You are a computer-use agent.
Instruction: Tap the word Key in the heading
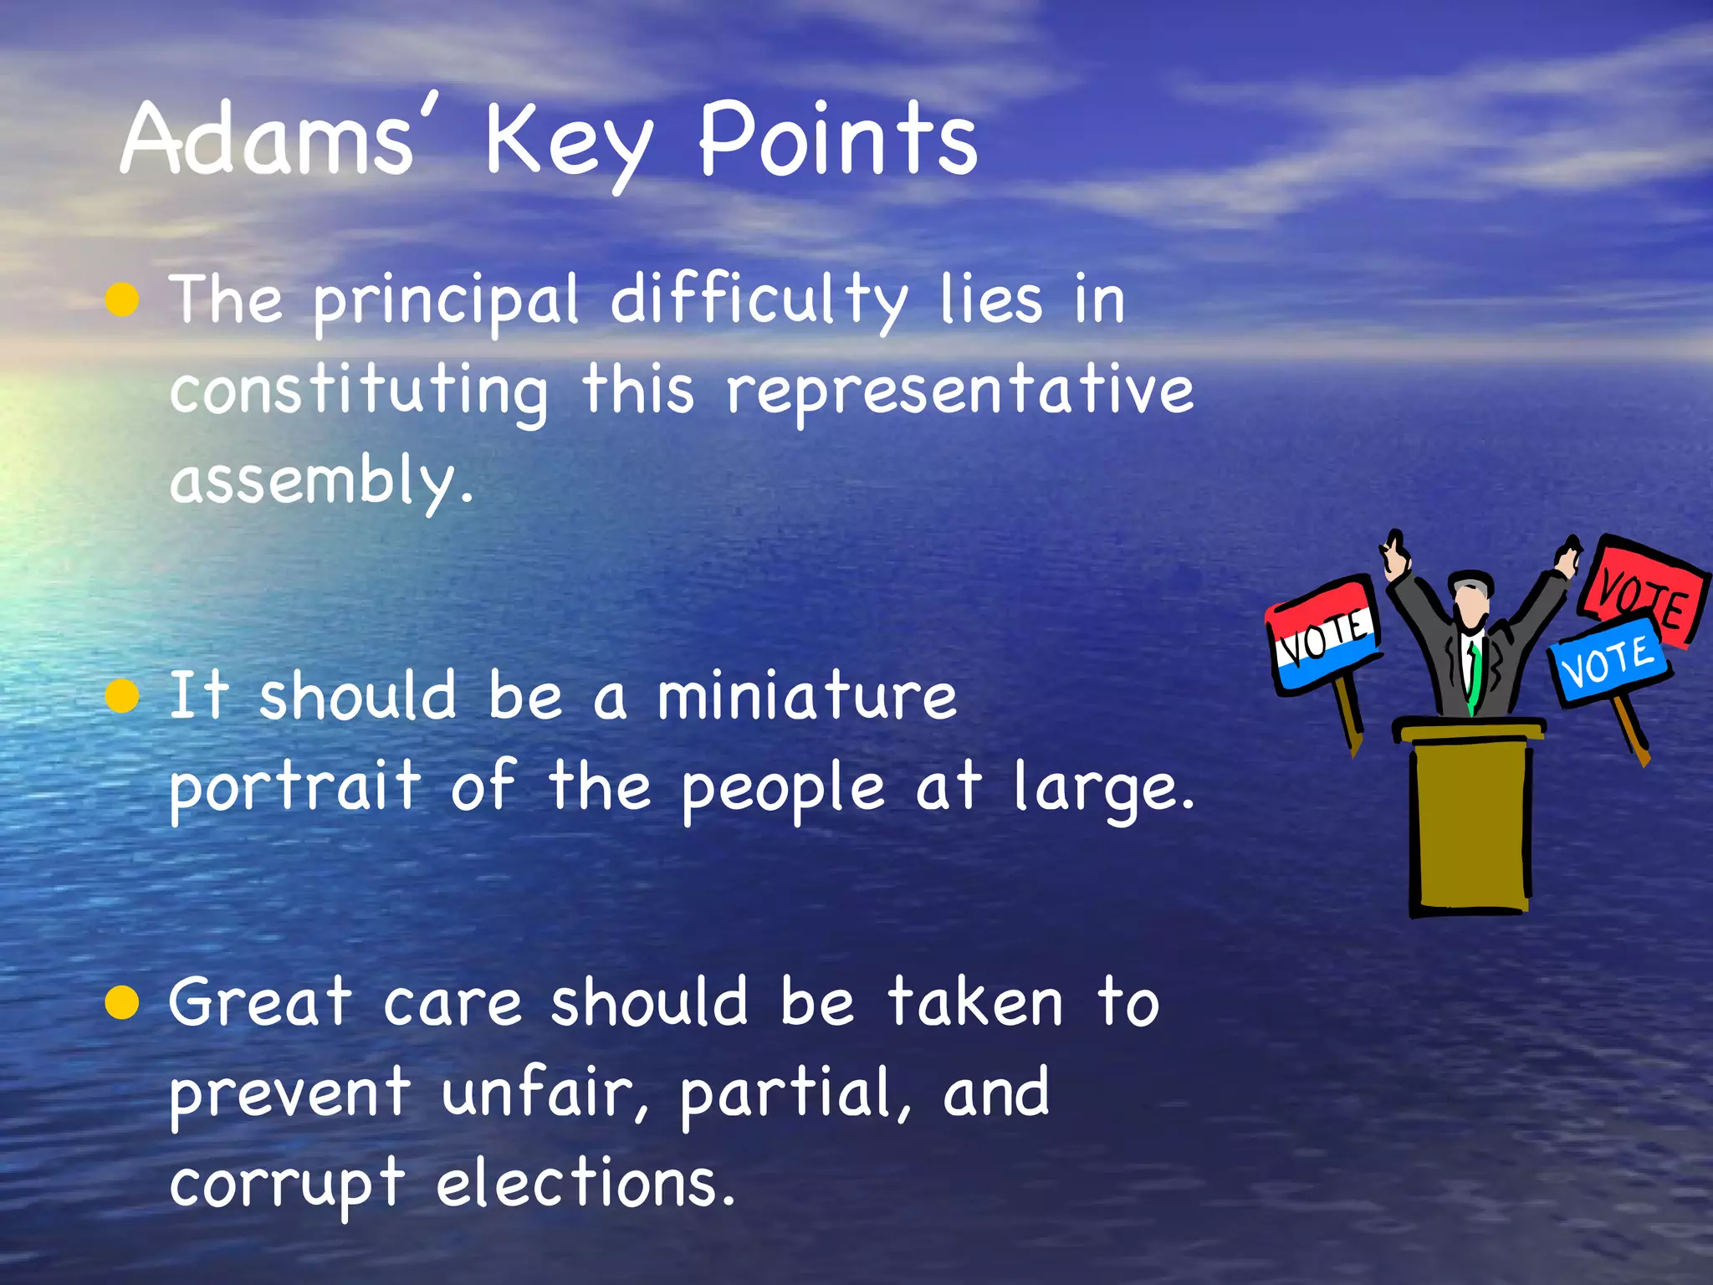coord(568,142)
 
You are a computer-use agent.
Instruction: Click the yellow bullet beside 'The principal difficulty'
coord(123,299)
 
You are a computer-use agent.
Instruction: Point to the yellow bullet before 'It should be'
coord(123,696)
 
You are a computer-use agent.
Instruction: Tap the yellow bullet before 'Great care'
coord(123,1002)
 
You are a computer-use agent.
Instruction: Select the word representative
coord(960,392)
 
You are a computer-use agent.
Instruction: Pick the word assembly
coord(321,481)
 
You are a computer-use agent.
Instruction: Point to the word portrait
coord(294,788)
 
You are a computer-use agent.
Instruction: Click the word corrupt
coord(287,1184)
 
